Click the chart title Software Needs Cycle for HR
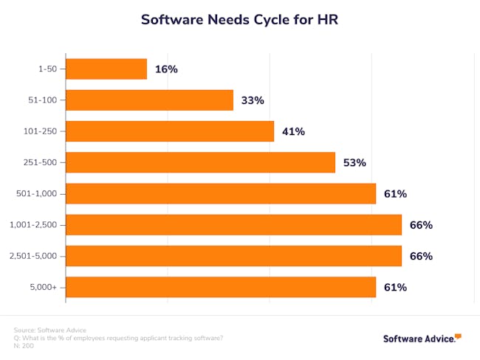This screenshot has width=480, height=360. click(240, 20)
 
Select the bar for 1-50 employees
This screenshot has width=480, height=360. click(106, 69)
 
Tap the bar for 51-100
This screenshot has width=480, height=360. click(149, 100)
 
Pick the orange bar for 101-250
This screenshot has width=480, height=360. click(170, 131)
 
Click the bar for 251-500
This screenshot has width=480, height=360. click(200, 162)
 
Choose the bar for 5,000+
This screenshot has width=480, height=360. click(221, 287)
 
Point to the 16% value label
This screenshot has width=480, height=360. click(166, 69)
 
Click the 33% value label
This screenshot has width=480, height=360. click(252, 100)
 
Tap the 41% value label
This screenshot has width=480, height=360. click(293, 131)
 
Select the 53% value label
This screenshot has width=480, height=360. click(354, 162)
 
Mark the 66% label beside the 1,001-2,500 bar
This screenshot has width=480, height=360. click(421, 225)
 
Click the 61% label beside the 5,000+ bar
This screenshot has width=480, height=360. click(395, 287)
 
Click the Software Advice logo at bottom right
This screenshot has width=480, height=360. click(422, 339)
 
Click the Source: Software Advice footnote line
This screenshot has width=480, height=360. click(50, 330)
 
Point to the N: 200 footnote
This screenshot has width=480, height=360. click(24, 346)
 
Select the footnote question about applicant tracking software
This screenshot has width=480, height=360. click(118, 338)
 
